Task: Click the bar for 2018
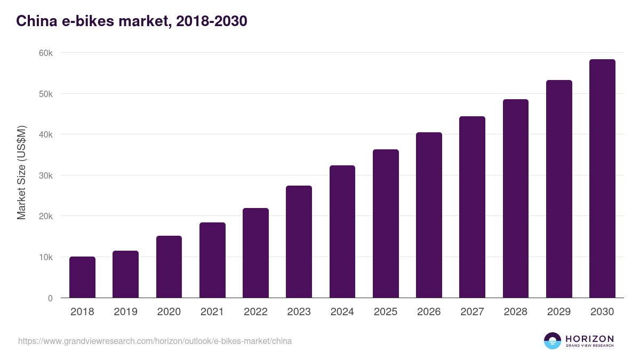pyautogui.click(x=82, y=277)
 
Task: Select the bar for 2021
pyautogui.click(x=212, y=260)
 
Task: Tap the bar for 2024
pyautogui.click(x=342, y=231)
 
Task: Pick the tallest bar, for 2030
pyautogui.click(x=602, y=179)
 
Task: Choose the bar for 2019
pyautogui.click(x=125, y=274)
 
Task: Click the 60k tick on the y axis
pyautogui.click(x=46, y=53)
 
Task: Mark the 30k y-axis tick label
pyautogui.click(x=46, y=175)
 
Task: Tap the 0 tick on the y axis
pyautogui.click(x=50, y=298)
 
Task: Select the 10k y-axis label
pyautogui.click(x=46, y=257)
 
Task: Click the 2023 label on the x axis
pyautogui.click(x=299, y=312)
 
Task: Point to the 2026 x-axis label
pyautogui.click(x=429, y=312)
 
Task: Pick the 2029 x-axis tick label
pyautogui.click(x=559, y=312)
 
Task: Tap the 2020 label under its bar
pyautogui.click(x=169, y=312)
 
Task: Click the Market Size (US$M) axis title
pyautogui.click(x=21, y=172)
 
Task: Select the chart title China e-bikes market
pyautogui.click(x=131, y=21)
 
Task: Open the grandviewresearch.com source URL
pyautogui.click(x=155, y=341)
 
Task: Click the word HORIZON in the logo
pyautogui.click(x=589, y=339)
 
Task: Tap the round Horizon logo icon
pyautogui.click(x=553, y=341)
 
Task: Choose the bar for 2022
pyautogui.click(x=255, y=253)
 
